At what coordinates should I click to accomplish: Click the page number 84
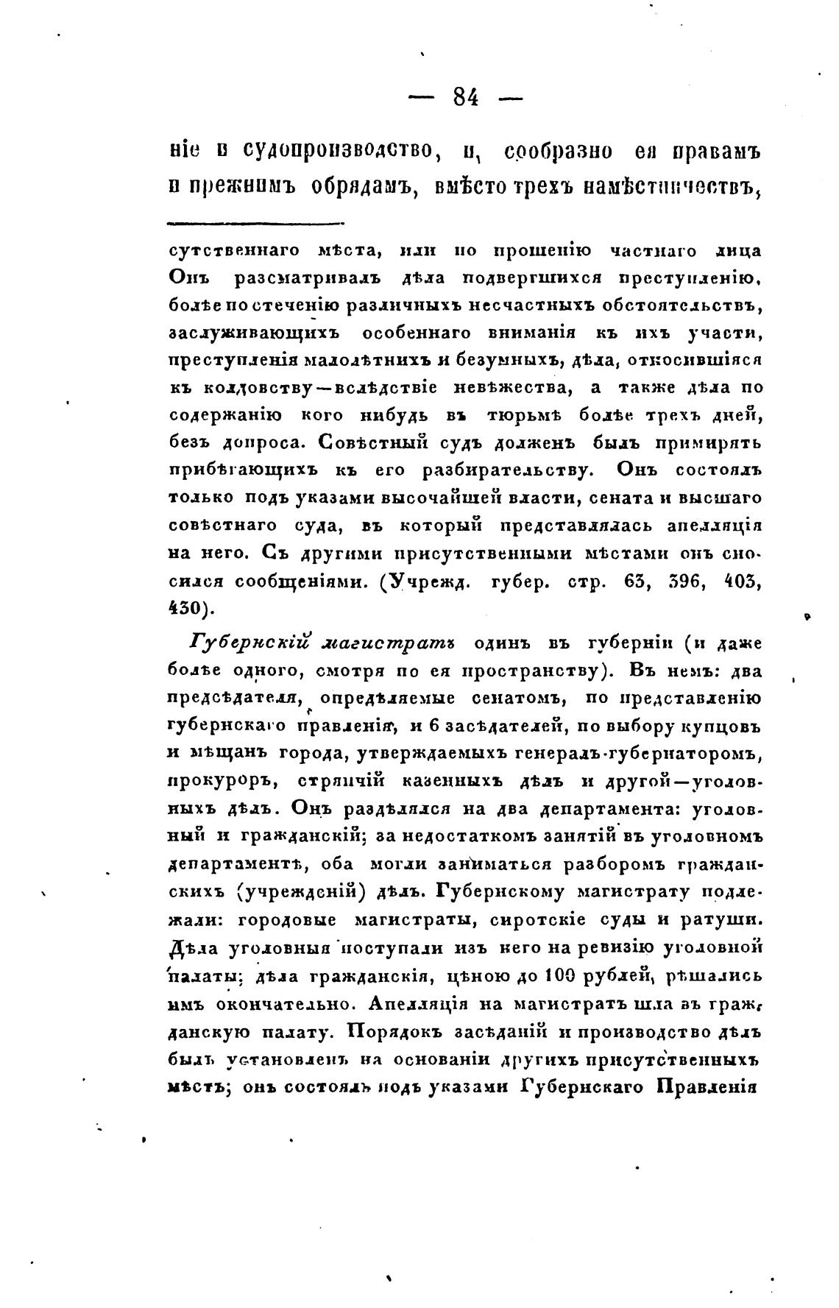point(466,96)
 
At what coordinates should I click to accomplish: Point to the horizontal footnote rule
point(255,223)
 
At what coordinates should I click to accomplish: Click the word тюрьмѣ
point(525,416)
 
